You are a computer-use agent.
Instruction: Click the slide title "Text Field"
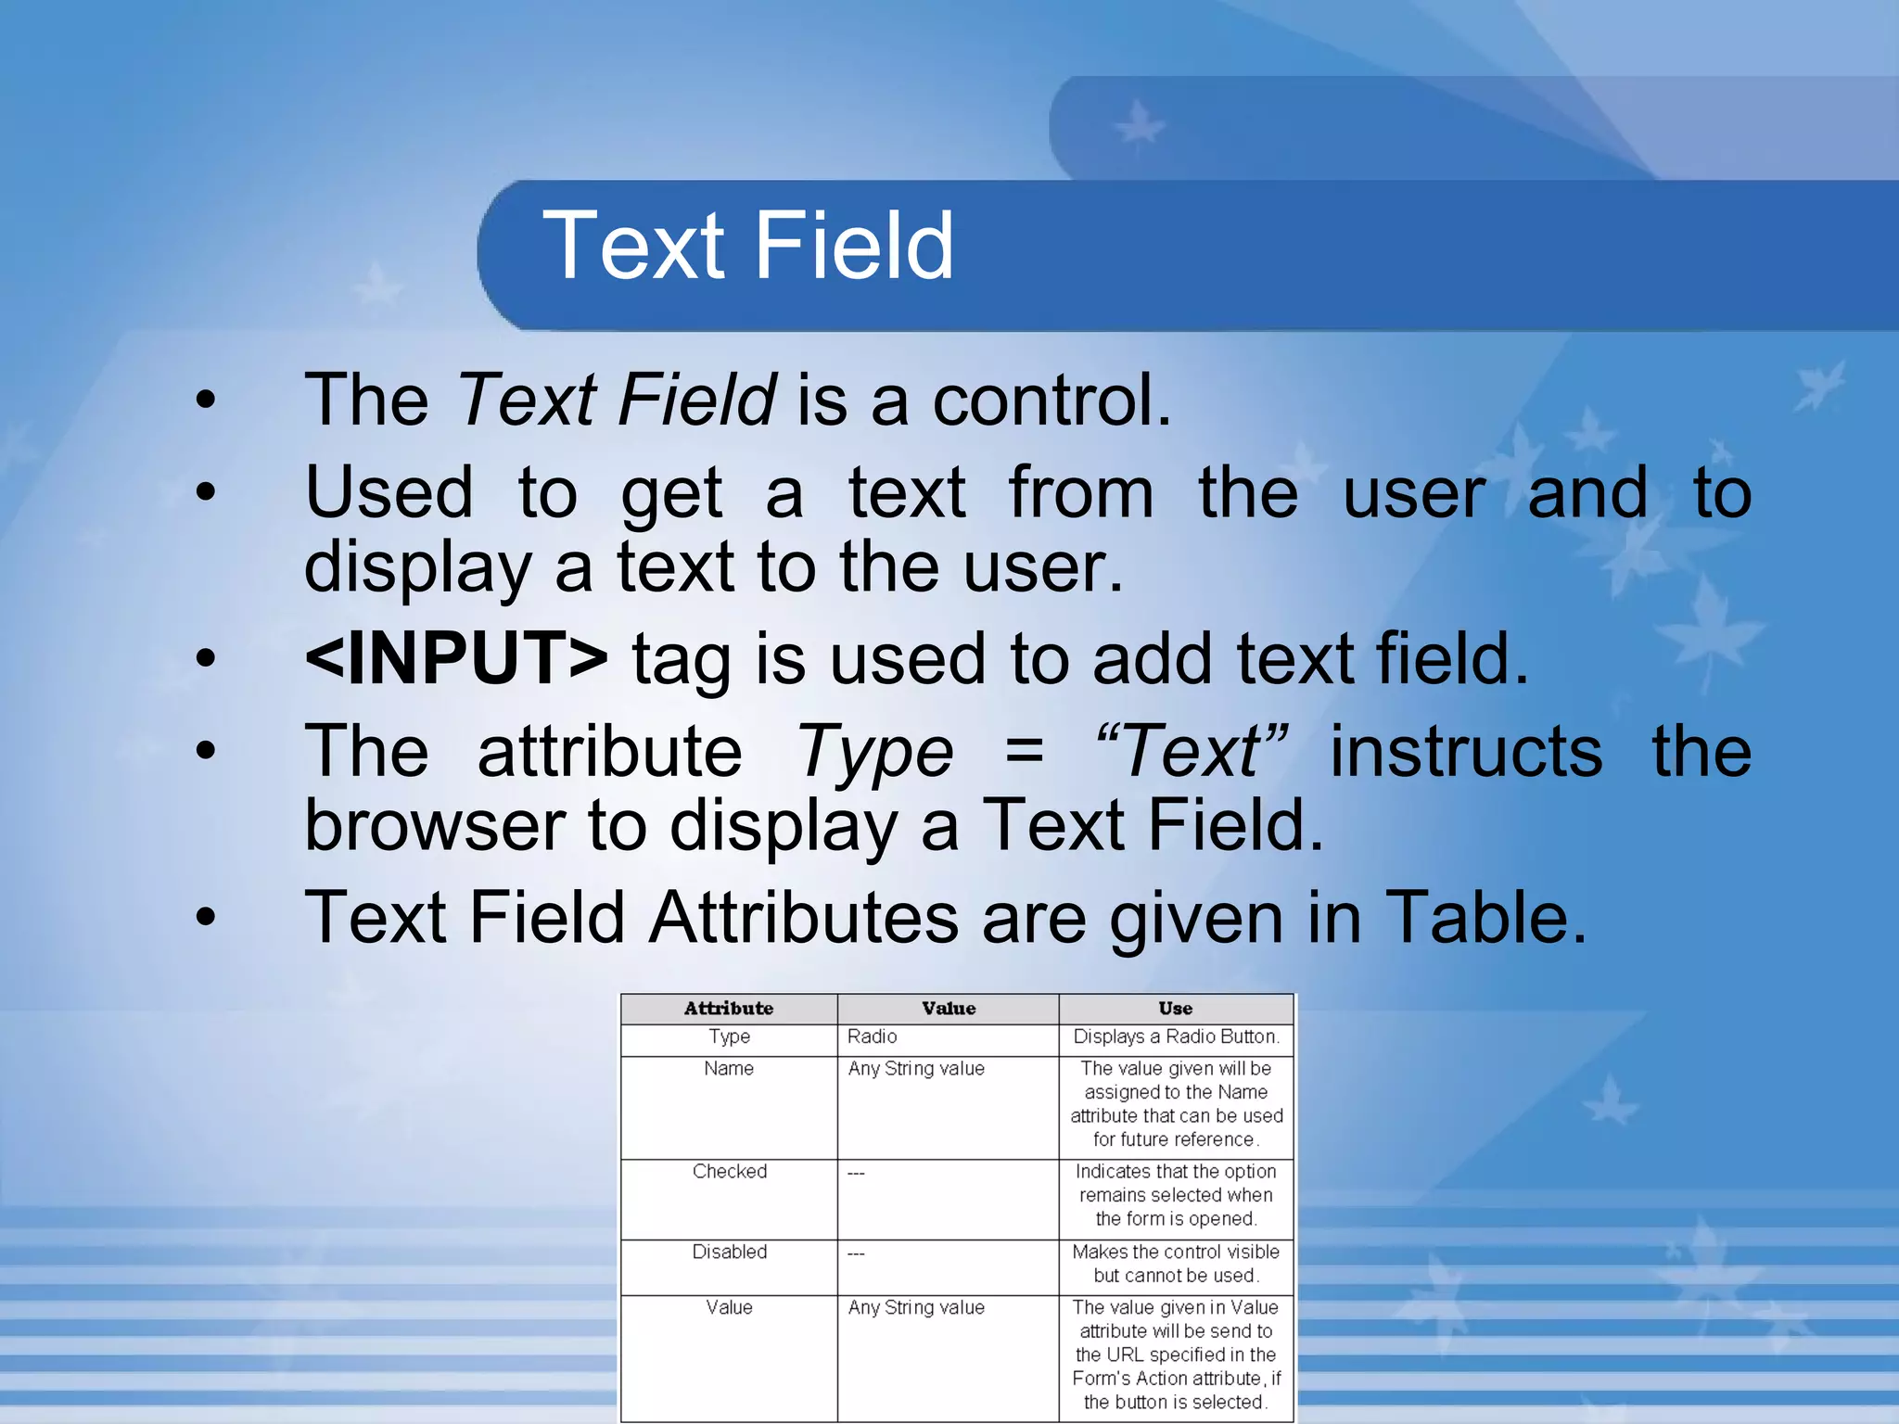tap(747, 245)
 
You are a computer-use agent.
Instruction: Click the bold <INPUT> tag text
tap(456, 657)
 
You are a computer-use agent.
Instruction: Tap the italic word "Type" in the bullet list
tap(875, 751)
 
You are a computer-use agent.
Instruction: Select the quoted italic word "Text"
tap(1191, 751)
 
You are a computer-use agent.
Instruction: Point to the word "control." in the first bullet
tap(1051, 400)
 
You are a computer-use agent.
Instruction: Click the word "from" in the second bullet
tap(1080, 492)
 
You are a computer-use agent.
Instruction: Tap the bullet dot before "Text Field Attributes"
tap(205, 918)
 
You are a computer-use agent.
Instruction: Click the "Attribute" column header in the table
tap(729, 1009)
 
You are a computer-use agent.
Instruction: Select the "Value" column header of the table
tap(949, 1009)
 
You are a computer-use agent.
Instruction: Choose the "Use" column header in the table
tap(1175, 1009)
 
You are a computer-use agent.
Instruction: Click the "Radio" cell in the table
tap(872, 1036)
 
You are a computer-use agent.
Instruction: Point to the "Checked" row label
tap(730, 1171)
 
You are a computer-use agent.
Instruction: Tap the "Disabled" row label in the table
tap(730, 1252)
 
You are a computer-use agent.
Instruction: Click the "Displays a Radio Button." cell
tap(1176, 1036)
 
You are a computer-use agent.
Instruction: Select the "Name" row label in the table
tap(729, 1068)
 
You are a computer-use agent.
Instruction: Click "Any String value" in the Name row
tap(916, 1068)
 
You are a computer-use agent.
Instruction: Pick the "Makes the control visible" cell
tap(1176, 1252)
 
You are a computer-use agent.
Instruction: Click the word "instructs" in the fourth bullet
tap(1466, 751)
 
